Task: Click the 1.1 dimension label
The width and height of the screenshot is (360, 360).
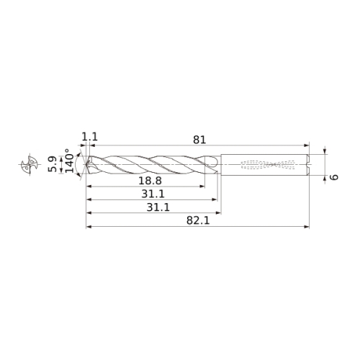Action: (90, 137)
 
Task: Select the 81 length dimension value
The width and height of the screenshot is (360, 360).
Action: (199, 140)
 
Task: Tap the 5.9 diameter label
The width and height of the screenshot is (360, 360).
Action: (53, 164)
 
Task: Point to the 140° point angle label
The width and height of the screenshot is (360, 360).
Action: (70, 161)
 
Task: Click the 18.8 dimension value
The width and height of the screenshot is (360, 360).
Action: (150, 181)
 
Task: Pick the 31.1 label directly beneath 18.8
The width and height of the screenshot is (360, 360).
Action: (153, 194)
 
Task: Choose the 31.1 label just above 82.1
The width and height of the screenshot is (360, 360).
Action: (158, 207)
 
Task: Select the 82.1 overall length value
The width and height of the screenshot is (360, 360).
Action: (198, 220)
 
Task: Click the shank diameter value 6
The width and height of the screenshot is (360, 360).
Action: (334, 177)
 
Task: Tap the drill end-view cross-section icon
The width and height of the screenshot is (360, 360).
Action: (30, 164)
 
